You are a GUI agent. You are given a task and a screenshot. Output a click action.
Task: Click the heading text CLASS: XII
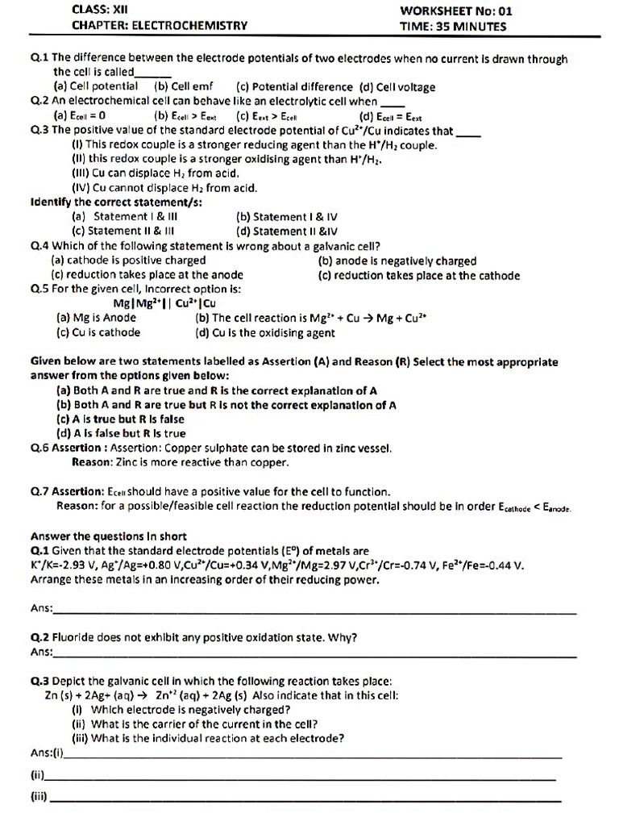pos(95,10)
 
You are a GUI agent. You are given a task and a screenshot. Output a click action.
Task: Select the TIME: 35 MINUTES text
pos(453,26)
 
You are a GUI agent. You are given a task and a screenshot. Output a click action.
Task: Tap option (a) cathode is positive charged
pos(128,261)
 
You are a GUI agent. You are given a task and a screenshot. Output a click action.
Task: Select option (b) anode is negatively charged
pos(397,261)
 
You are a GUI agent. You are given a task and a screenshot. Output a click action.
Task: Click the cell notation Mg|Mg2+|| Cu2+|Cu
pos(164,303)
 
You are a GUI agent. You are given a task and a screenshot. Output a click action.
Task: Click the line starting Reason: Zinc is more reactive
pos(181,463)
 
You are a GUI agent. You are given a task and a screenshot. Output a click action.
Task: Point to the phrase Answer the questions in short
pos(109,536)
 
